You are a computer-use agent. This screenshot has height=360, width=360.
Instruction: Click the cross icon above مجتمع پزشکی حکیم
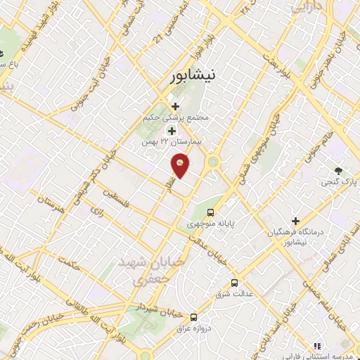pos(175,106)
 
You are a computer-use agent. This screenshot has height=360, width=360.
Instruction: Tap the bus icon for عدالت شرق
pos(233,282)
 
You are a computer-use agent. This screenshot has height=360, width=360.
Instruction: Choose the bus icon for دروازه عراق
pos(193,316)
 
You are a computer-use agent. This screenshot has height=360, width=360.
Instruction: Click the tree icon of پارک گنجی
pos(339,171)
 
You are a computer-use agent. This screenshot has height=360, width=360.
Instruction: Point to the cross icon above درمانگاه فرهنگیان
pos(296,221)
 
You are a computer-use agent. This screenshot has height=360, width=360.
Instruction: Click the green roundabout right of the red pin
pos(213,163)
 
